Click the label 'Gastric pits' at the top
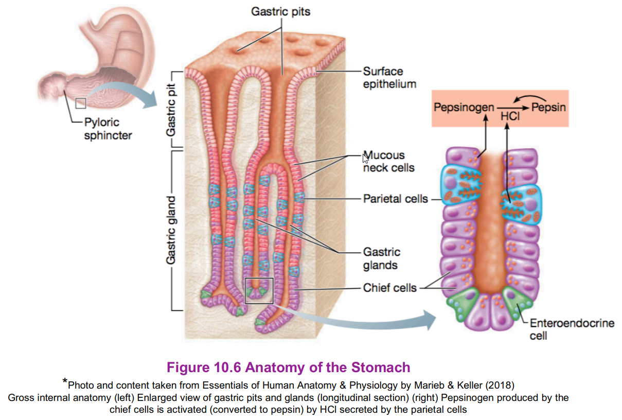point(281,11)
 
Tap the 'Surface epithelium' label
point(389,78)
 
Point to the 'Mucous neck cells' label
point(388,162)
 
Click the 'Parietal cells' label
point(395,199)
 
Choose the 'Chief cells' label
point(389,288)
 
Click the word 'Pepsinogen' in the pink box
point(463,108)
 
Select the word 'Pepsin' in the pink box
point(548,108)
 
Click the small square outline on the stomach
point(80,103)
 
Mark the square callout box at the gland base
point(258,290)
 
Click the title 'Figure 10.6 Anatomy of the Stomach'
point(289,367)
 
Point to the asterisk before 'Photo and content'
point(65,381)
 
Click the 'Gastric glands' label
point(381,258)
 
